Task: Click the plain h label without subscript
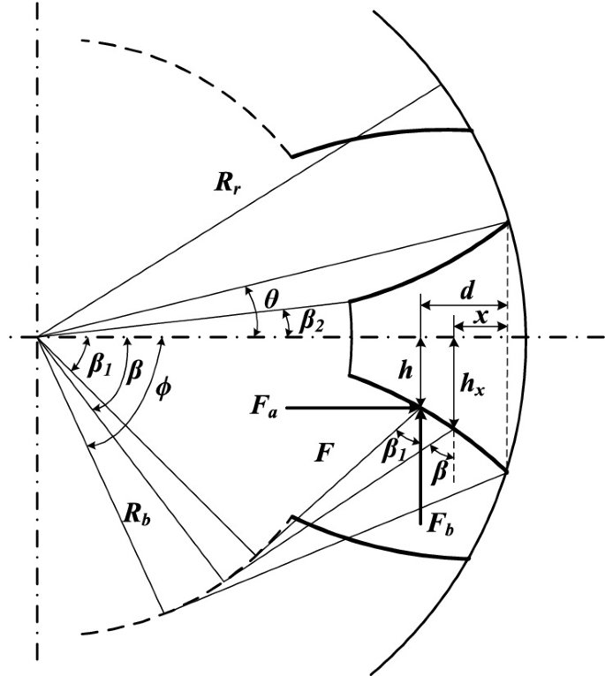(405, 374)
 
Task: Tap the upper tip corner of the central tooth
(509, 223)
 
